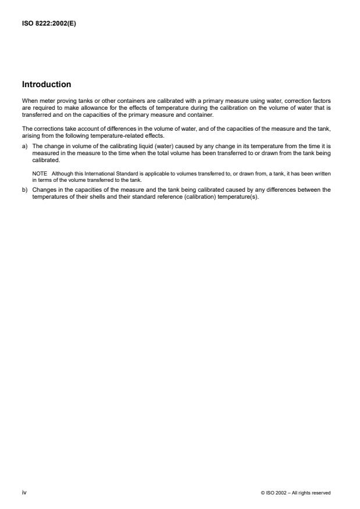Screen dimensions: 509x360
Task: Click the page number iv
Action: tap(24, 493)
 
